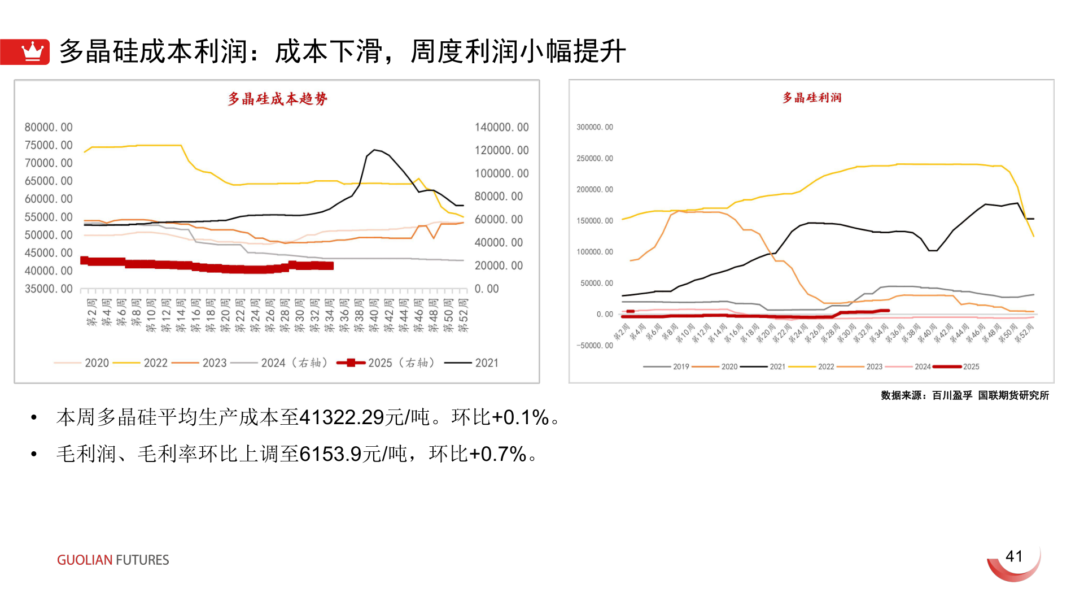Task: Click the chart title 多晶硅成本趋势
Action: [x=277, y=99]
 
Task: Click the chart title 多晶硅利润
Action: [x=811, y=98]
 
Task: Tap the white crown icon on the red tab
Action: [x=32, y=51]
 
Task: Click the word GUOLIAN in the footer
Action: [x=85, y=560]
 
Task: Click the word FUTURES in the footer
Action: [x=142, y=560]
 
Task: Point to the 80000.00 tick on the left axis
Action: [x=49, y=127]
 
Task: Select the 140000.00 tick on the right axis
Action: [x=501, y=127]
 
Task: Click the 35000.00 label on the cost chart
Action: [x=49, y=289]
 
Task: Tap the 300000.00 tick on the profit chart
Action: [x=595, y=127]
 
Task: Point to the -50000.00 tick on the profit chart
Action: [x=595, y=345]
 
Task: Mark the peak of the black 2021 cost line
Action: [x=374, y=150]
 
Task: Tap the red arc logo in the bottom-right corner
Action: [x=1014, y=567]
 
